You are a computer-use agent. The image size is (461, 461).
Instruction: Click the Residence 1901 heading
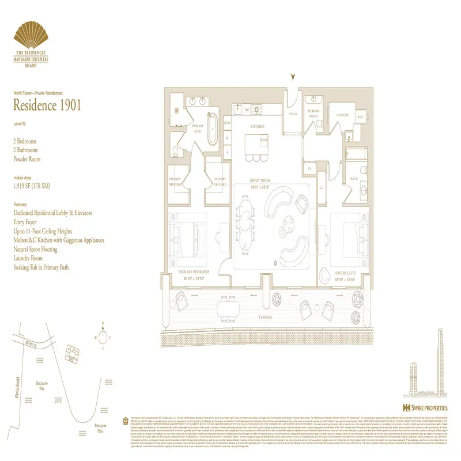pyautogui.click(x=47, y=105)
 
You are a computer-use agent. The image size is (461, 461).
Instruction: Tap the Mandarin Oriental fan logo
pyautogui.click(x=32, y=36)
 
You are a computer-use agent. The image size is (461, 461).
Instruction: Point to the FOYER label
pyautogui.click(x=293, y=114)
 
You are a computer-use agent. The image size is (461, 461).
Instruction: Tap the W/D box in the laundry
pyautogui.click(x=360, y=116)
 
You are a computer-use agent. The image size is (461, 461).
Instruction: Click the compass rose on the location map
pyautogui.click(x=102, y=336)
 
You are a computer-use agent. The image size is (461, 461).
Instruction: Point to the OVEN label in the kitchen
pyautogui.click(x=227, y=122)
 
